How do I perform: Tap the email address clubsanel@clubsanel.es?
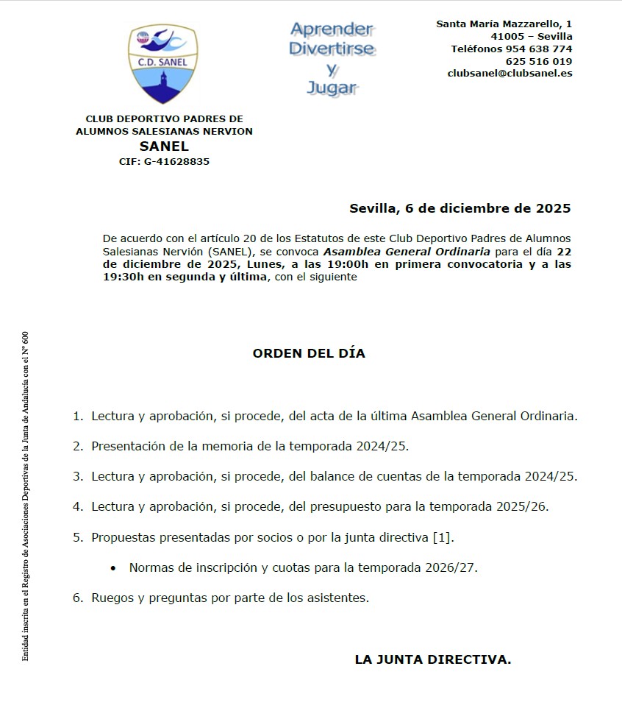[x=510, y=74]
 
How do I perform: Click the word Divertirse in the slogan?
[x=332, y=49]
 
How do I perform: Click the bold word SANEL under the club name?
[x=164, y=146]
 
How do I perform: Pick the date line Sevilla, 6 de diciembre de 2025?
[x=460, y=208]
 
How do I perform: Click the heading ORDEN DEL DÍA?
[x=309, y=353]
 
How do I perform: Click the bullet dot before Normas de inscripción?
[x=113, y=568]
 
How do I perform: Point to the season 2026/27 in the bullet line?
[x=454, y=567]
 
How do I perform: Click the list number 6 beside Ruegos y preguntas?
[x=77, y=598]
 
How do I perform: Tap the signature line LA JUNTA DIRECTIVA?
[x=432, y=659]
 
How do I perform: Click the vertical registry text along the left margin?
[x=25, y=497]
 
